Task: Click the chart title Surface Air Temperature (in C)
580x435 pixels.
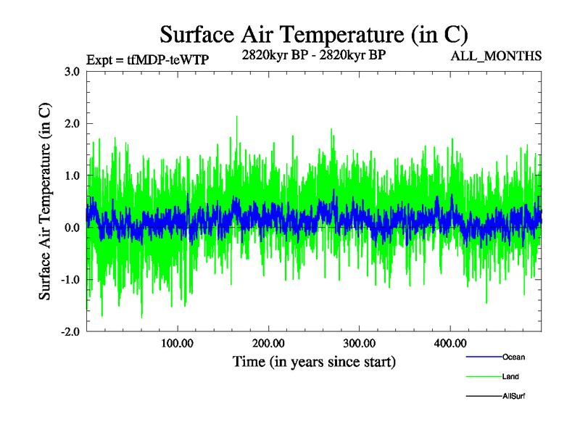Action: [x=314, y=34]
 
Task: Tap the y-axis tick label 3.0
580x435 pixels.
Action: [x=71, y=71]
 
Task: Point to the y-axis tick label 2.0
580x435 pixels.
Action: [x=71, y=123]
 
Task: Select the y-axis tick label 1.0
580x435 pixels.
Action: [x=71, y=175]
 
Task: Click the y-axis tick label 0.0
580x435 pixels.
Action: [x=71, y=228]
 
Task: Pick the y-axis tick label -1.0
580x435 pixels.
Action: [x=70, y=280]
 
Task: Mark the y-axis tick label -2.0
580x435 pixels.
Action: [x=70, y=332]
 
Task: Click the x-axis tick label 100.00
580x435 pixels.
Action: [x=177, y=344]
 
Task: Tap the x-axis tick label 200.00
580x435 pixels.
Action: [x=268, y=344]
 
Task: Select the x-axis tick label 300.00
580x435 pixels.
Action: [x=359, y=344]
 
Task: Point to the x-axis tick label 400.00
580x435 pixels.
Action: [x=449, y=344]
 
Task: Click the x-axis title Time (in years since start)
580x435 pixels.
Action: [x=314, y=361]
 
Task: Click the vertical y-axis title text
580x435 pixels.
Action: [x=45, y=201]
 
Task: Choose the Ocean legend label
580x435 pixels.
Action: [x=513, y=357]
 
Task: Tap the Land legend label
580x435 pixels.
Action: [x=510, y=376]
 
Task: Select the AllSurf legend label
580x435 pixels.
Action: [x=514, y=396]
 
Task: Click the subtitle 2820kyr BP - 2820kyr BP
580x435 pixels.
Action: [x=314, y=54]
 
